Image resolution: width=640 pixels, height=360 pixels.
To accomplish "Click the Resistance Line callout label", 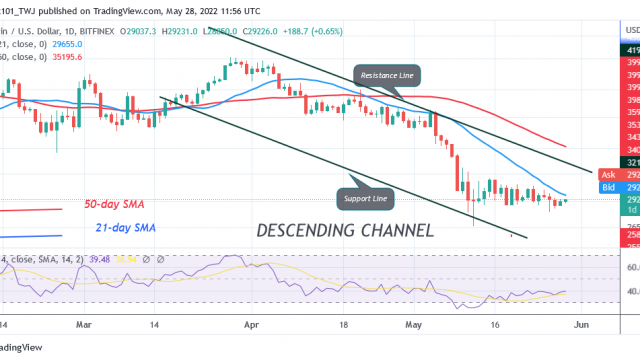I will [388, 74].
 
